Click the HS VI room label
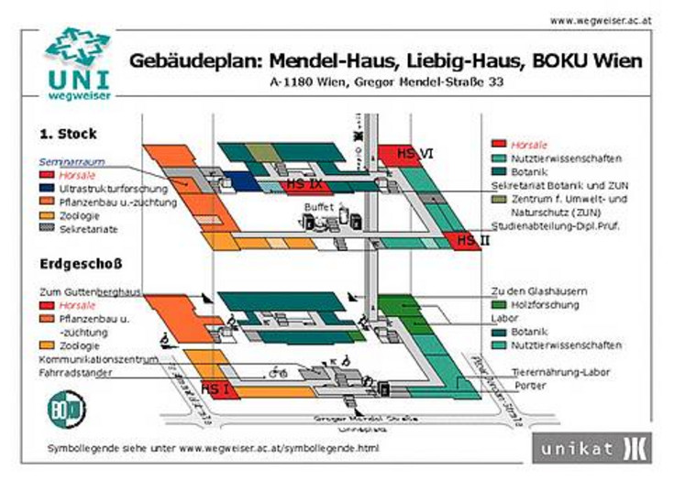[x=414, y=154]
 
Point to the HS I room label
[x=214, y=388]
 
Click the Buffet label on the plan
[x=320, y=208]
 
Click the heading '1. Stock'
[x=69, y=134]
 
